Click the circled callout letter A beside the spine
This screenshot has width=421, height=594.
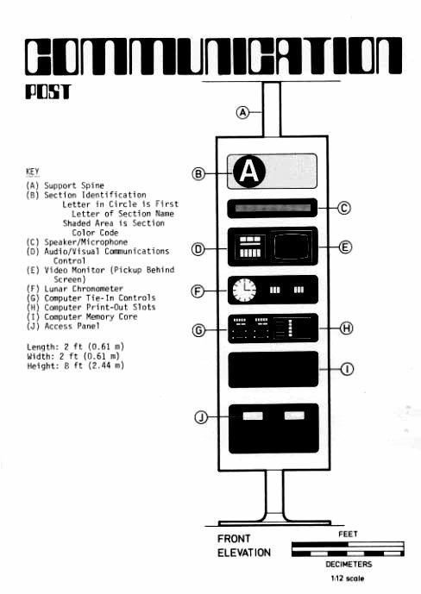point(242,112)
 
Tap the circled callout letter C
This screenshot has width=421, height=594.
point(343,208)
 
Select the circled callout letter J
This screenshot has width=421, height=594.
point(201,417)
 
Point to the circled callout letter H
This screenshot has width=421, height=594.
point(346,328)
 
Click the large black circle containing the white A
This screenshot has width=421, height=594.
point(249,172)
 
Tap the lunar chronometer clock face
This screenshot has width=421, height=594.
point(244,291)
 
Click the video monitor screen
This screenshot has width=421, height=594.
point(292,247)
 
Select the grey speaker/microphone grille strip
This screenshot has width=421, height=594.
point(273,208)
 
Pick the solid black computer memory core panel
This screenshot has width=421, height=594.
point(273,369)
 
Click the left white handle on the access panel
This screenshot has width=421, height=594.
point(253,416)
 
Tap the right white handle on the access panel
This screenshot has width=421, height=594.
point(294,416)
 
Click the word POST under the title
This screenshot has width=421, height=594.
point(48,92)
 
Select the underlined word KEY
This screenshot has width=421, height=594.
point(33,172)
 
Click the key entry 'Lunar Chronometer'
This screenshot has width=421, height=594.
point(84,289)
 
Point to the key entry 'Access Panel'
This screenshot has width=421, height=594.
point(72,326)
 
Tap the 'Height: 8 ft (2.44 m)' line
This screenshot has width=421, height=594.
point(75,366)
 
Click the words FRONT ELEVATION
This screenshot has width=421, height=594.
point(244,546)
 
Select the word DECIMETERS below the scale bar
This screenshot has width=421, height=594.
point(349,564)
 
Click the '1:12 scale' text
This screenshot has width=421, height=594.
point(348,578)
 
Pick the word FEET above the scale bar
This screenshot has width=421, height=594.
point(348,535)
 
